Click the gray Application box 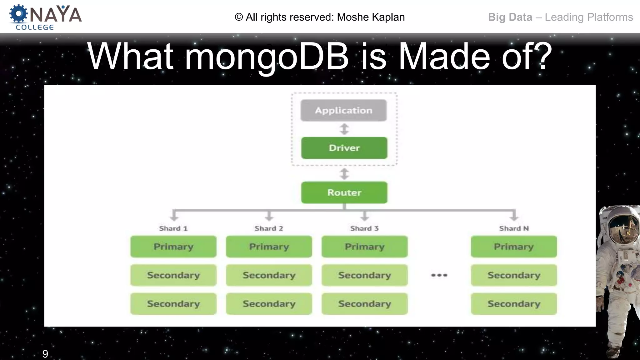click(x=343, y=110)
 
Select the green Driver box click(x=344, y=148)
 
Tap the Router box click(x=344, y=192)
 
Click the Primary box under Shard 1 click(x=173, y=247)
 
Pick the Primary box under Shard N click(x=514, y=247)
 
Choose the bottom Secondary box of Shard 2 click(x=269, y=304)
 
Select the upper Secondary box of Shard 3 click(x=364, y=275)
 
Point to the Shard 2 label click(x=269, y=228)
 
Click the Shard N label click(x=514, y=228)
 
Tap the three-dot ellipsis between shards click(x=439, y=275)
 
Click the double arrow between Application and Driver click(x=344, y=129)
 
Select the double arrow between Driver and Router click(x=344, y=174)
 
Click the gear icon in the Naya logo click(x=18, y=14)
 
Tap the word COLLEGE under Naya click(x=35, y=27)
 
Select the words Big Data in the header click(x=510, y=17)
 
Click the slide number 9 click(x=45, y=354)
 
